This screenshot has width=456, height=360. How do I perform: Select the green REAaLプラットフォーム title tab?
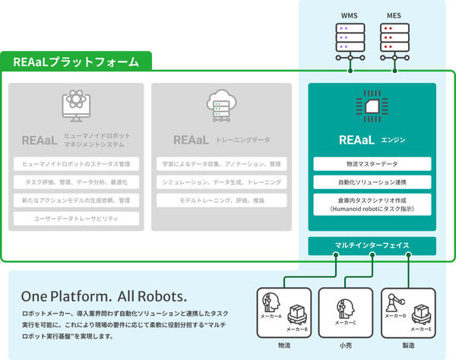tap(77, 62)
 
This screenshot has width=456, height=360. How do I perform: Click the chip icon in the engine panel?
tap(372, 108)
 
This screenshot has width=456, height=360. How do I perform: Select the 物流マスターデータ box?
tap(372, 163)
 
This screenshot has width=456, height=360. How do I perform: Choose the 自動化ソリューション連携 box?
tap(372, 183)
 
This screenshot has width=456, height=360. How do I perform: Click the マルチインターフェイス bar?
tap(372, 245)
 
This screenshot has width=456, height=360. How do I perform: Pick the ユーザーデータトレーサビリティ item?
tap(76, 219)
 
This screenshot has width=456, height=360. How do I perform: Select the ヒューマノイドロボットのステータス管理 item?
tap(76, 163)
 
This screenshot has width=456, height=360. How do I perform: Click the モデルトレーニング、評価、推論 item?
tap(218, 201)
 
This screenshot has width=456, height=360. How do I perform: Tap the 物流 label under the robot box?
tap(285, 346)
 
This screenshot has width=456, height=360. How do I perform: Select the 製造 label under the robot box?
tap(409, 346)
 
